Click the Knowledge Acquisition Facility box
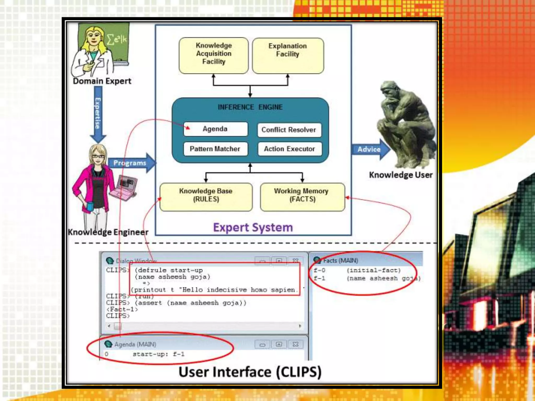click(x=214, y=55)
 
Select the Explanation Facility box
click(x=288, y=55)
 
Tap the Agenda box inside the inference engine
click(x=215, y=129)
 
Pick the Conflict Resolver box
click(x=289, y=130)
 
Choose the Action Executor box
click(x=289, y=149)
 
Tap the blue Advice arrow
click(x=370, y=149)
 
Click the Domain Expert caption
click(x=102, y=81)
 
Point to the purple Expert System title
click(x=253, y=227)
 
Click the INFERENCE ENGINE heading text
click(x=250, y=107)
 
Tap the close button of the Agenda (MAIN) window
click(x=295, y=344)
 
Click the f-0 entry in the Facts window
click(x=319, y=270)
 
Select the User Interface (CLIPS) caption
click(x=250, y=372)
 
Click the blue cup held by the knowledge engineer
click(x=90, y=206)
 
